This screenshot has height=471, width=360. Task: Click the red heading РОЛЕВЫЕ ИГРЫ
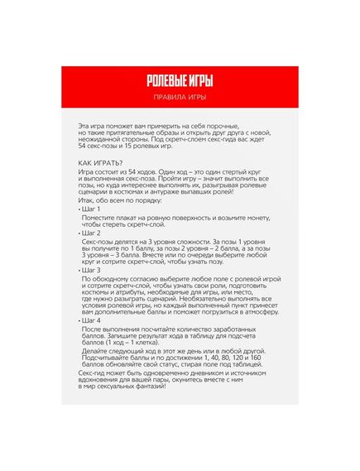[x=180, y=81]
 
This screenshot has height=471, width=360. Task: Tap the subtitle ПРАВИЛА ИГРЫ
[x=180, y=98]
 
